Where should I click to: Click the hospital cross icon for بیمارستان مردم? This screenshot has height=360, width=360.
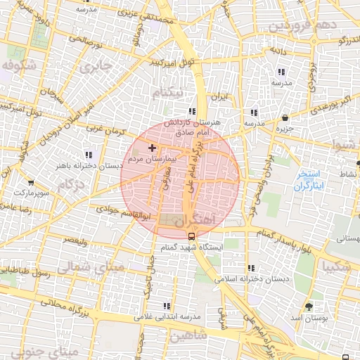coord(152,148)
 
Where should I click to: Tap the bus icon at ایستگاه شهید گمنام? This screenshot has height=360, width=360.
coord(191,237)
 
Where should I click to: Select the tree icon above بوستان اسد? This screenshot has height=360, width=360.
coord(309,307)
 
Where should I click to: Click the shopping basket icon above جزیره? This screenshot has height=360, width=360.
coord(285,118)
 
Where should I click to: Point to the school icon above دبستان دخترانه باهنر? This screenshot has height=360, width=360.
coord(88,155)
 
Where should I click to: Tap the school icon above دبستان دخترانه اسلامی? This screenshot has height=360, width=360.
coord(251,268)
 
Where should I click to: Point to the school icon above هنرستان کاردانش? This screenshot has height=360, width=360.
coord(192,111)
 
